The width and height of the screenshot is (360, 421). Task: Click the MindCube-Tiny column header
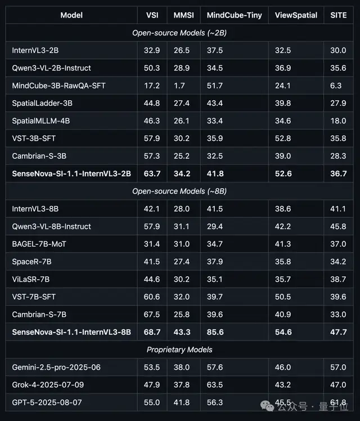233,15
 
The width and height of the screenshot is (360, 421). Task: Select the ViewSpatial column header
296,15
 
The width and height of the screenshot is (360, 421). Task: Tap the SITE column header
338,15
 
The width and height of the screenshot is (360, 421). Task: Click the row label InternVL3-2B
35,50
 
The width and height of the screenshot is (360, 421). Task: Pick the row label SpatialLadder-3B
42,103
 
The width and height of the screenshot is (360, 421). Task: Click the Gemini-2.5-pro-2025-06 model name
56,368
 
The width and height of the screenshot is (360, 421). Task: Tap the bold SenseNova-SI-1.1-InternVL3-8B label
71,332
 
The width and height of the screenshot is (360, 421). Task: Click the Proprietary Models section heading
179,350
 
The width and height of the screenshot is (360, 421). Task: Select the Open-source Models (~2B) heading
179,33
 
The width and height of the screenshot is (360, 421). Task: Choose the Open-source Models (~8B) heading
179,191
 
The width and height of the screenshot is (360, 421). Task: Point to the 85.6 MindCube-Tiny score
215,332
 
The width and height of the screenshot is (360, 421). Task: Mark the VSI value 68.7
152,332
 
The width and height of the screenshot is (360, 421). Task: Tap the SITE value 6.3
336,86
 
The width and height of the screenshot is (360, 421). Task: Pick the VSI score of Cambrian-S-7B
152,315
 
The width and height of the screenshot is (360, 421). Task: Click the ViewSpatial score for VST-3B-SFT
283,138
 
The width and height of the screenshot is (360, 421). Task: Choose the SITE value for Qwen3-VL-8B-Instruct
338,226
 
